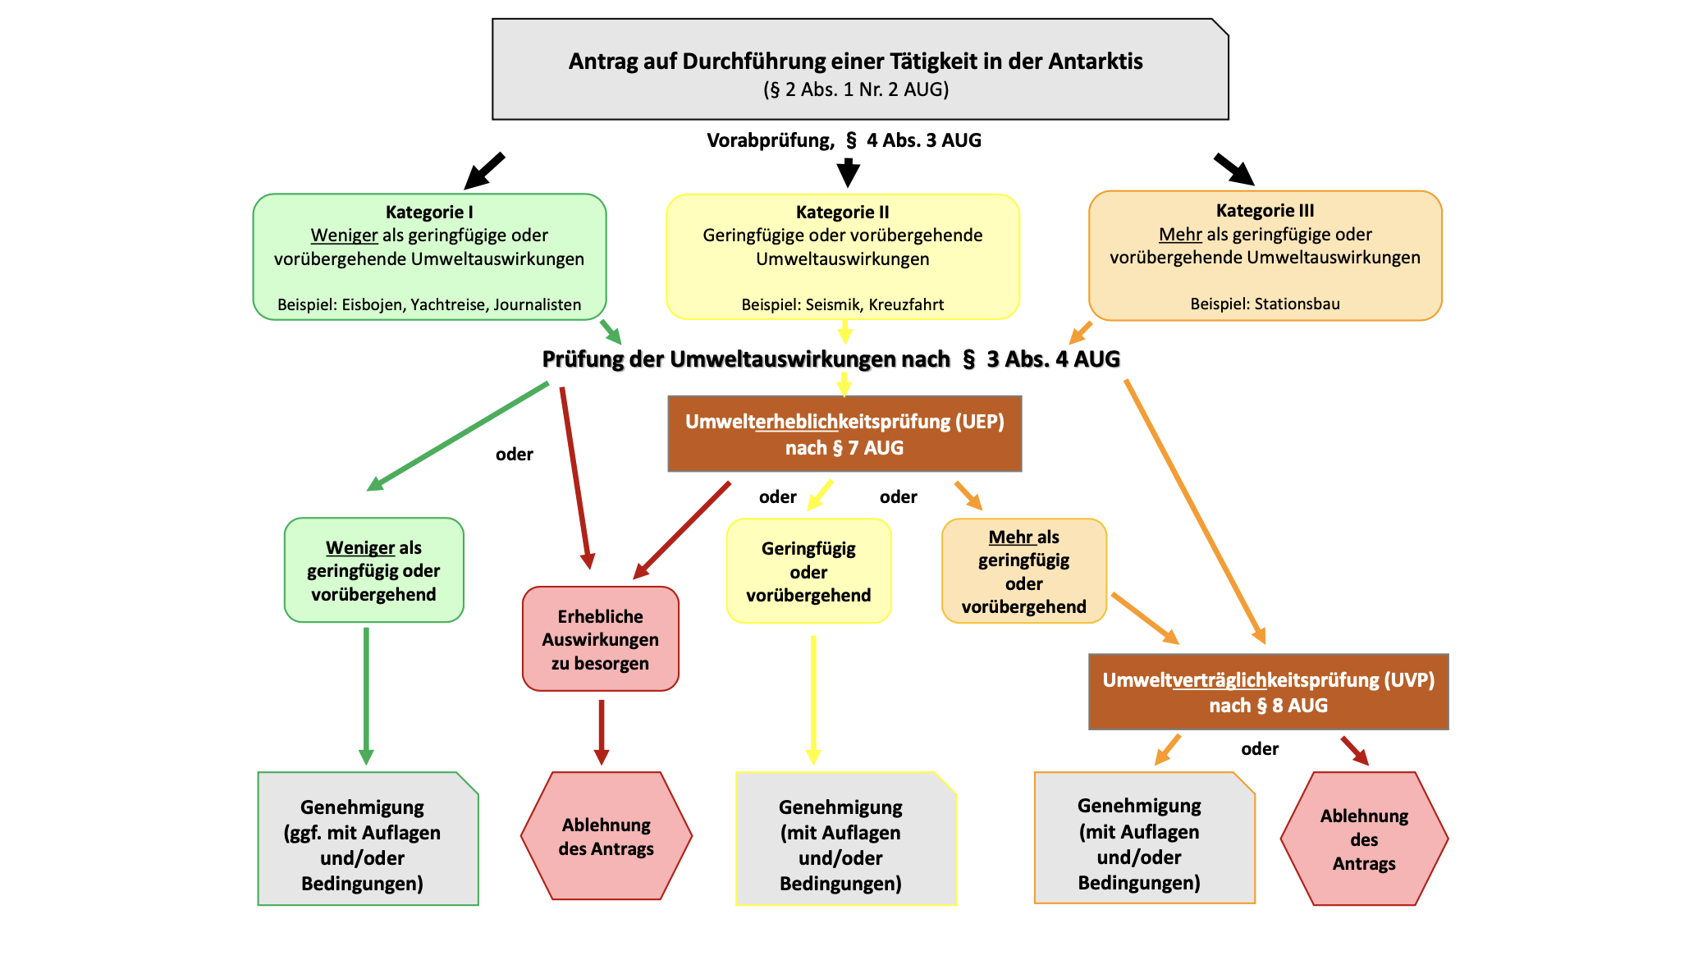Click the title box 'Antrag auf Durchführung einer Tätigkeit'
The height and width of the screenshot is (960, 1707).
(859, 70)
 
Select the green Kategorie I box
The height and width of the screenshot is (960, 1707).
(429, 257)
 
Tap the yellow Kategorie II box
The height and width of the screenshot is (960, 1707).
(842, 257)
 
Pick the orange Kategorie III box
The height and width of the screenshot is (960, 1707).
(1265, 255)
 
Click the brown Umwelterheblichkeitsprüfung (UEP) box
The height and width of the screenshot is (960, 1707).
(844, 434)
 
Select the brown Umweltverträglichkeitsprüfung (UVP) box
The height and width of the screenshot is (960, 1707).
(1268, 692)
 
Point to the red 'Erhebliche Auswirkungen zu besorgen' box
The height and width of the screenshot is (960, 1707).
(600, 639)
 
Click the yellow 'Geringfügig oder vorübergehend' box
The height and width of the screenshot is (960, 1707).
(808, 571)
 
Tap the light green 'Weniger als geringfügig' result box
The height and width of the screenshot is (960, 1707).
(373, 570)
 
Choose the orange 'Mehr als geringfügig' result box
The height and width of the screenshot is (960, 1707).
(1023, 571)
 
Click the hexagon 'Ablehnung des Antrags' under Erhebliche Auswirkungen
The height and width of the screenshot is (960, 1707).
(606, 836)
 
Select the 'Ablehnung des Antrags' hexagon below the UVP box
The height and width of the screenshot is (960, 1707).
(1364, 839)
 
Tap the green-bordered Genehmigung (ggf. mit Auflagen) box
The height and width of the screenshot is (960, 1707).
(367, 839)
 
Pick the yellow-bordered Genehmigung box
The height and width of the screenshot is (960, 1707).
(845, 839)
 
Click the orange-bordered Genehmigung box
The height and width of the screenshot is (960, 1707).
(1144, 839)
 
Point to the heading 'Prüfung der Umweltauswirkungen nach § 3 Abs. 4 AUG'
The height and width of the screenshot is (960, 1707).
(831, 359)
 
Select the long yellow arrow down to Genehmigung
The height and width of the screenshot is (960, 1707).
(813, 697)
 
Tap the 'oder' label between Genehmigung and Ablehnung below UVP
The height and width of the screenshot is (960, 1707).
(1260, 748)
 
